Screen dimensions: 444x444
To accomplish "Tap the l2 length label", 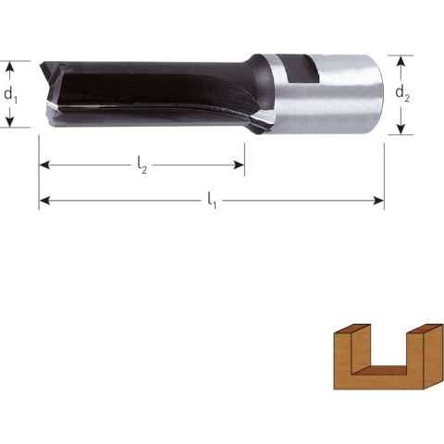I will coord(142,166).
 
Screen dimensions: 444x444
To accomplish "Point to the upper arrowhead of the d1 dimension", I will coord(11,67).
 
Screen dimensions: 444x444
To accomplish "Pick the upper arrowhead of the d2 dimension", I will coord(401,59).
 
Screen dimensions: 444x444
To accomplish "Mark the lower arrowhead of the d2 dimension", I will coord(401,129).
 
